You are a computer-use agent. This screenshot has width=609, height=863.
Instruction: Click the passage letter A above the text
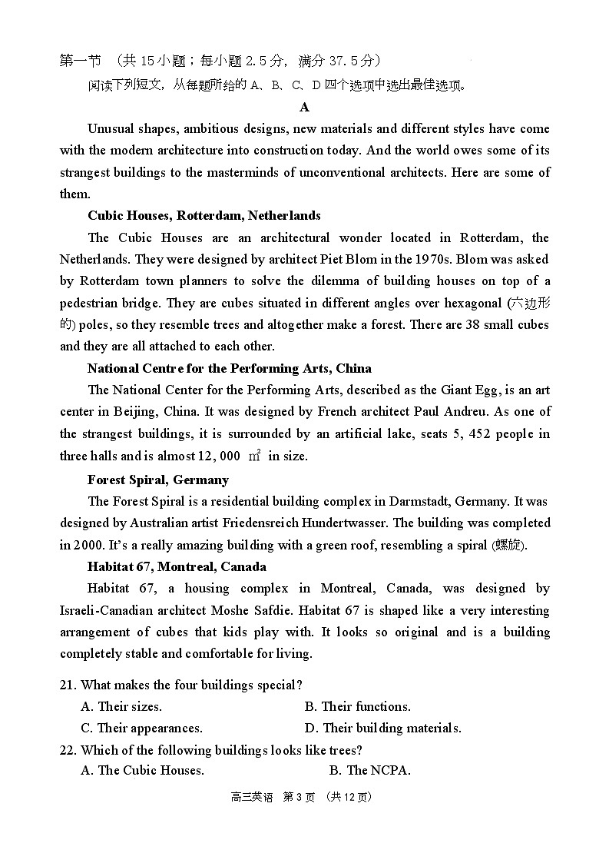coord(305,107)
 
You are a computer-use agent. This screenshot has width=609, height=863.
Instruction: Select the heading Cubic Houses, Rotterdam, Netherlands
coord(204,215)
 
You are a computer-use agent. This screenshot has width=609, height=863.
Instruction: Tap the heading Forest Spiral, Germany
coord(157,480)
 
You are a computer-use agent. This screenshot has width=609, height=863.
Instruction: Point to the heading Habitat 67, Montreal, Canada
coord(177,566)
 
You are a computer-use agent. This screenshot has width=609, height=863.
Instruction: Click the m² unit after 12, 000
coord(254,456)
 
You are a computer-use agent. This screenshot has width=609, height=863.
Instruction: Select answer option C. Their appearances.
coord(141,728)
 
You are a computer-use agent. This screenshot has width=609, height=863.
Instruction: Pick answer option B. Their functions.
coord(357,706)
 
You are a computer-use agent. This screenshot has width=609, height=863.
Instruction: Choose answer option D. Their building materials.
coord(382,728)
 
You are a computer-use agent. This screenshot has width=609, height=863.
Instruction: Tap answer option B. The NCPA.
coord(369,770)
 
